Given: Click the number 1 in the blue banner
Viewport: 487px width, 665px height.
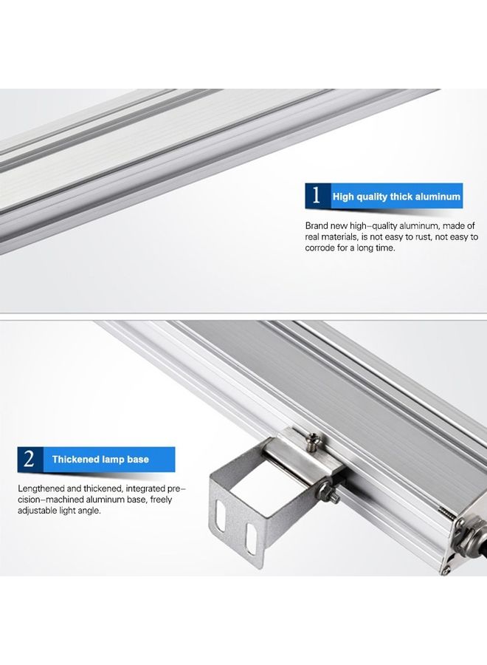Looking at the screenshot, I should pyautogui.click(x=317, y=196).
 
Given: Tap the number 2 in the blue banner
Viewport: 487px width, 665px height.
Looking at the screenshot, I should pyautogui.click(x=29, y=459).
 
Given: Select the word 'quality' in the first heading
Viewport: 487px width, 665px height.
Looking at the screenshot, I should pyautogui.click(x=376, y=197).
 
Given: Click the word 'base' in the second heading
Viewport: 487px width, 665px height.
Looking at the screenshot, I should pyautogui.click(x=137, y=460).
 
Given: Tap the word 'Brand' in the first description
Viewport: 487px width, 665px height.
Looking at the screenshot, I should pyautogui.click(x=317, y=225).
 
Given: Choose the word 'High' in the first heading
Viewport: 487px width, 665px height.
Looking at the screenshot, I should pyautogui.click(x=344, y=197).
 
